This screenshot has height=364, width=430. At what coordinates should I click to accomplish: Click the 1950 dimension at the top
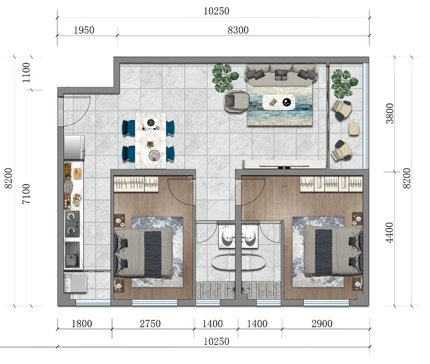tap(84, 30)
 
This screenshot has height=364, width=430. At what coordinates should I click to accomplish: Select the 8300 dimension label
tap(238, 30)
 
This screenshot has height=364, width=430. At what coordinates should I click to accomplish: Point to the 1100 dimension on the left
tap(26, 73)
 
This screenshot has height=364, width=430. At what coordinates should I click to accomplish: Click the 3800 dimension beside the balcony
tap(390, 114)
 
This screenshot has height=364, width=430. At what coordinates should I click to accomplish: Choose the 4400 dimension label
tap(390, 233)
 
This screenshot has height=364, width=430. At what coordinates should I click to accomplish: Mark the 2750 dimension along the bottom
tap(150, 324)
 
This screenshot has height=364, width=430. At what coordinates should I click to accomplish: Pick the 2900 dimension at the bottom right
tap(322, 324)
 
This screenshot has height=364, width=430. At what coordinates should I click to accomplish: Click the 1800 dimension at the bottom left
tap(82, 324)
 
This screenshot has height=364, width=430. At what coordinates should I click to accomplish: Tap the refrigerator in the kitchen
tap(74, 147)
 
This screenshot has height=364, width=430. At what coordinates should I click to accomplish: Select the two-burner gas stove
tap(72, 224)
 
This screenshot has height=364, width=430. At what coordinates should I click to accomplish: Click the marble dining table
tap(150, 140)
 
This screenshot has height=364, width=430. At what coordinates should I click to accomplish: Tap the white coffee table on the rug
tap(279, 102)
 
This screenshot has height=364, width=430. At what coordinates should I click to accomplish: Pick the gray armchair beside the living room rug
tap(236, 101)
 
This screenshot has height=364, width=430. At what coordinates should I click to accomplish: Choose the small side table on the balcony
tap(353, 129)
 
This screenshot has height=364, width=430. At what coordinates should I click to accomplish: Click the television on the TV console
tap(284, 166)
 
